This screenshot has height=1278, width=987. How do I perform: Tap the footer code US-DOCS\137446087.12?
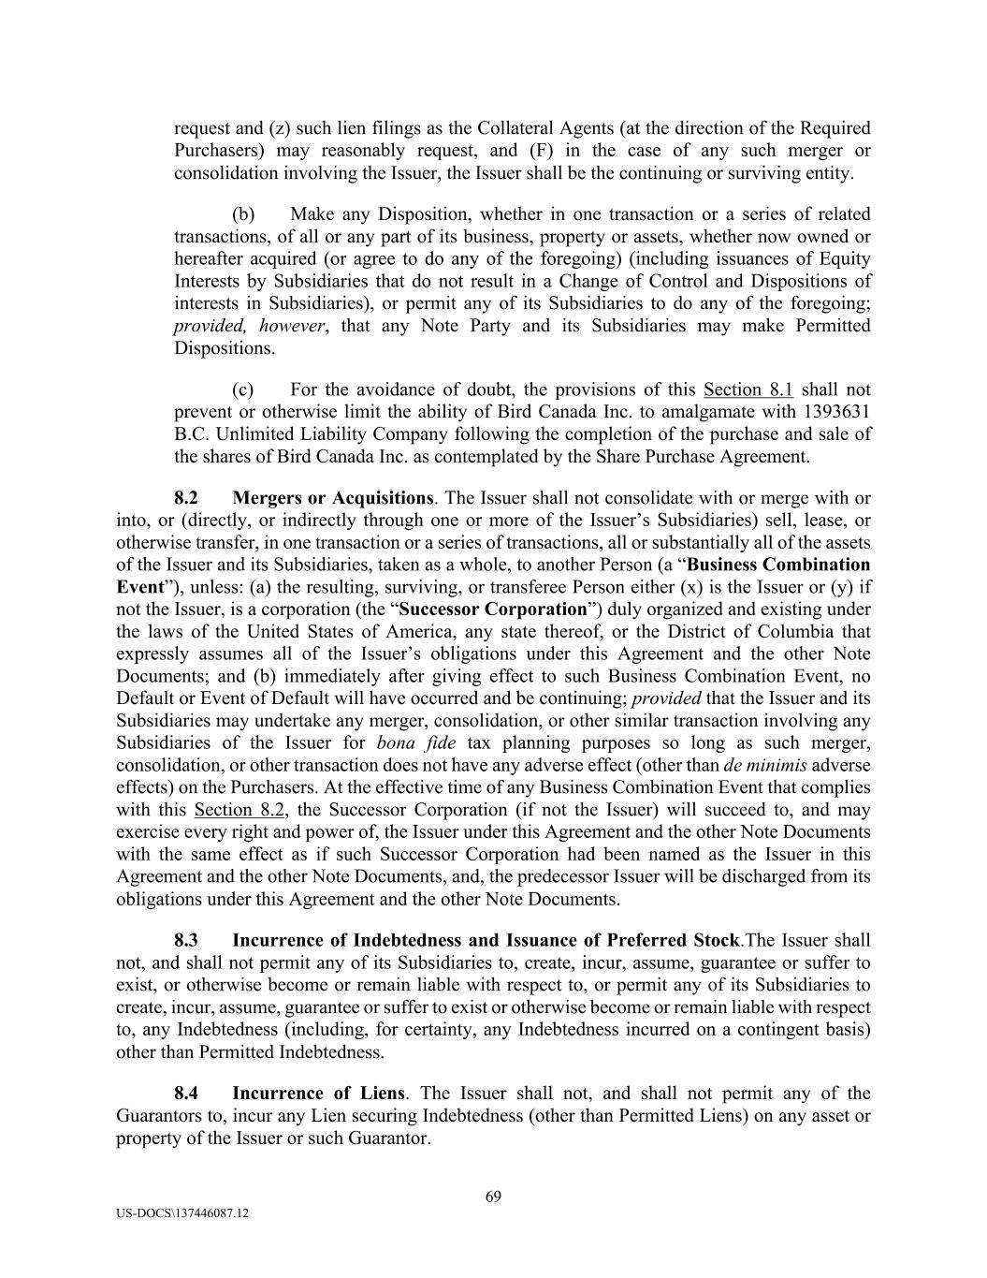(x=183, y=1212)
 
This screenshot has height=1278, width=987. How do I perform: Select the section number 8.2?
(x=186, y=498)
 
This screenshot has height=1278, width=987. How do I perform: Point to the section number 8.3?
(x=186, y=940)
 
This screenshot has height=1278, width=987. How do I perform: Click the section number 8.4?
(x=186, y=1094)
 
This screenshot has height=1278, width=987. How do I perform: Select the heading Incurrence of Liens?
(x=318, y=1094)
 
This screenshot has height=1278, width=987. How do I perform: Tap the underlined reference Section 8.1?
(x=748, y=389)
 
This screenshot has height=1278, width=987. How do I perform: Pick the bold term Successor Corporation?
(x=492, y=610)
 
